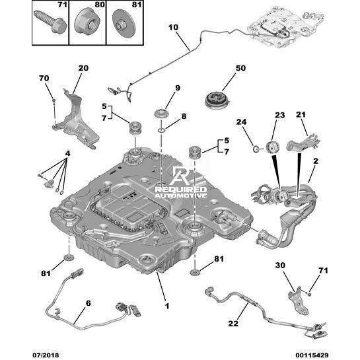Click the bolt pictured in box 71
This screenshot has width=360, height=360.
50,22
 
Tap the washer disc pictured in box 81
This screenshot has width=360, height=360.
124,23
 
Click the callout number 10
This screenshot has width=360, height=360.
173,27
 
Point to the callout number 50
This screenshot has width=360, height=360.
240,68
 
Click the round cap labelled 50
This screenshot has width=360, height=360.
217,100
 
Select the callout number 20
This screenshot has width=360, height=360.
83,68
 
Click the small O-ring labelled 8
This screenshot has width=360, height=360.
161,131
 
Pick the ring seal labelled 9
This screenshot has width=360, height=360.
161,114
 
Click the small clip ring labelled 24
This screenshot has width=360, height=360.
256,149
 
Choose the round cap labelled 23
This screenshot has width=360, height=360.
273,147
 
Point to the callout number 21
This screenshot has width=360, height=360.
301,114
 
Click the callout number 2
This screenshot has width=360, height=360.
316,161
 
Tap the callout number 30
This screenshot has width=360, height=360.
280,265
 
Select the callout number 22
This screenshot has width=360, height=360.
233,323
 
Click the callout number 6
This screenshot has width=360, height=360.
89,303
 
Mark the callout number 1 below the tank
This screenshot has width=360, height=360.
167,306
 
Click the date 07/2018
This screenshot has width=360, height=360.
46,355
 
